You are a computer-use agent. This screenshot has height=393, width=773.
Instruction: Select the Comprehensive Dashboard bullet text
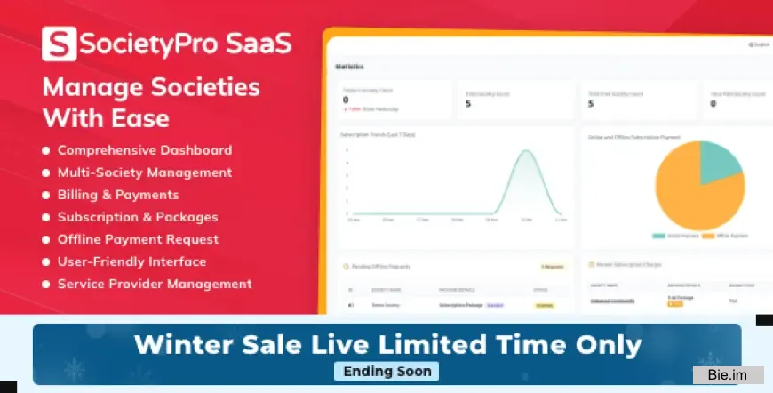coord(145,150)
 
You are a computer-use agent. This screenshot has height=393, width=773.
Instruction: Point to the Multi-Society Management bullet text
coord(145,172)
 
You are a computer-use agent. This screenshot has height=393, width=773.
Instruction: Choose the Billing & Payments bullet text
coord(118,195)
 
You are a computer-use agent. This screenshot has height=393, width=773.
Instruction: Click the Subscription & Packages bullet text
coord(138,217)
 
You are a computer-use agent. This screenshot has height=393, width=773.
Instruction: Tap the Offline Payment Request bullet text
coord(138,239)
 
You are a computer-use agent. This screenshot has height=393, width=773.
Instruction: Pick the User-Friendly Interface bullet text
coord(131,261)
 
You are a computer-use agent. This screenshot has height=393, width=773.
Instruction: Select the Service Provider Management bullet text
coord(155,284)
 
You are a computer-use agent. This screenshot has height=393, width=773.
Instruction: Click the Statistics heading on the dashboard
coord(349,67)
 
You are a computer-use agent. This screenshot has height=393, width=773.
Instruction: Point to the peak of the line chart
coord(527,152)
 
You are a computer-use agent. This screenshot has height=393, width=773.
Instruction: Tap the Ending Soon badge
coord(386,372)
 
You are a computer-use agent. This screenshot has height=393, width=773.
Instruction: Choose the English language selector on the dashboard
coord(760,44)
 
